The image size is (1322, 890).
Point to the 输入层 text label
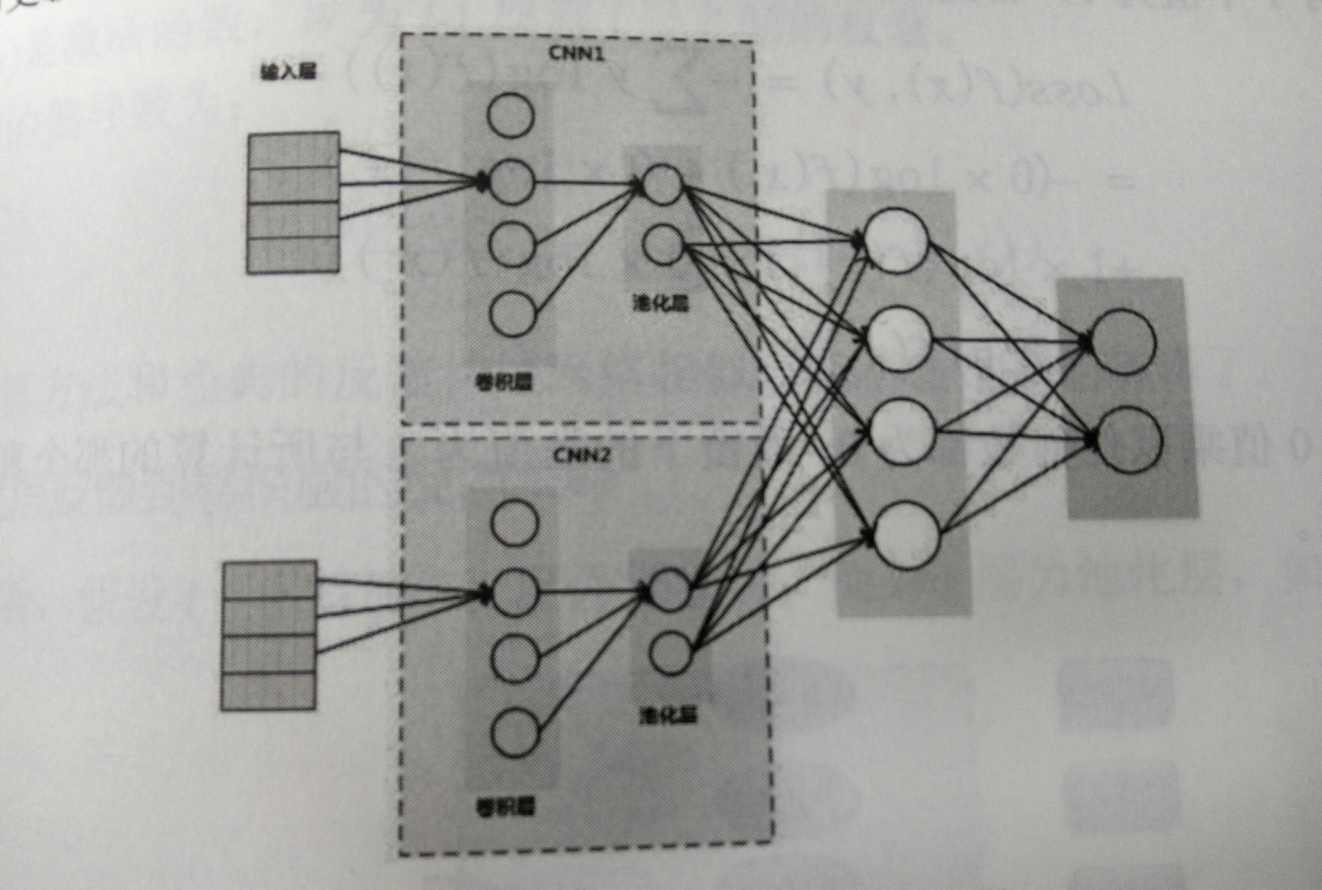point(288,72)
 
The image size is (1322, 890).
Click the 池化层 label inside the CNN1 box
point(660,304)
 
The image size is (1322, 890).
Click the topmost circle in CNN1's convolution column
point(511,115)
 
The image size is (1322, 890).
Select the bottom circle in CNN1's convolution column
point(512,314)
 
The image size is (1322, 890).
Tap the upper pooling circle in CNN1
point(662,183)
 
